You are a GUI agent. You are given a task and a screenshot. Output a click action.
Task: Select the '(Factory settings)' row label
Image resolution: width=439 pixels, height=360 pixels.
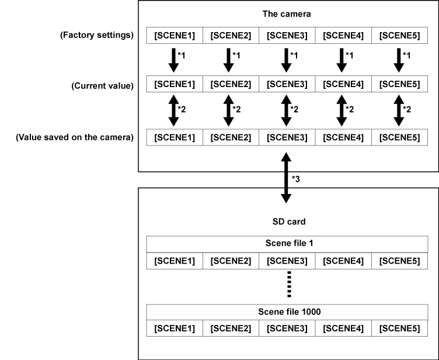coord(97,36)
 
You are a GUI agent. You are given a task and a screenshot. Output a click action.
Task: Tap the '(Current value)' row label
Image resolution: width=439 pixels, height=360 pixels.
coord(102,85)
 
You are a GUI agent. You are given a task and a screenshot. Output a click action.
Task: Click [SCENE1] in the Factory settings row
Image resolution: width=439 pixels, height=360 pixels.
coord(173,36)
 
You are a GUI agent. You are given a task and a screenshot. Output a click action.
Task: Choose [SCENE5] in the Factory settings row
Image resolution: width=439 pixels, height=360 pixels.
coord(399,36)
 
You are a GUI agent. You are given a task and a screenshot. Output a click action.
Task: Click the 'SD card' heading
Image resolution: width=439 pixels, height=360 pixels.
coord(285,222)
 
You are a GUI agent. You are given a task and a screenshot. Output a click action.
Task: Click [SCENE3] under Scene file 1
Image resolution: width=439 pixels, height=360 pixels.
coord(286,259)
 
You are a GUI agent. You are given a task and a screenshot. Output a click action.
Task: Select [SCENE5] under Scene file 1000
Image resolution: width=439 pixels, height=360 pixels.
coord(399,328)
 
